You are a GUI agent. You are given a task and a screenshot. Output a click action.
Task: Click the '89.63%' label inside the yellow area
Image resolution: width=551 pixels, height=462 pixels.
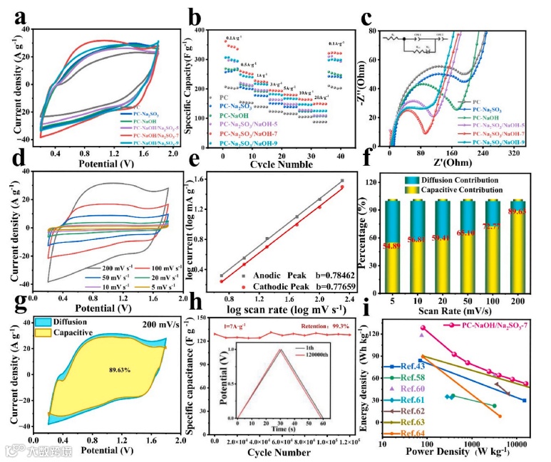coord(103,370)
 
